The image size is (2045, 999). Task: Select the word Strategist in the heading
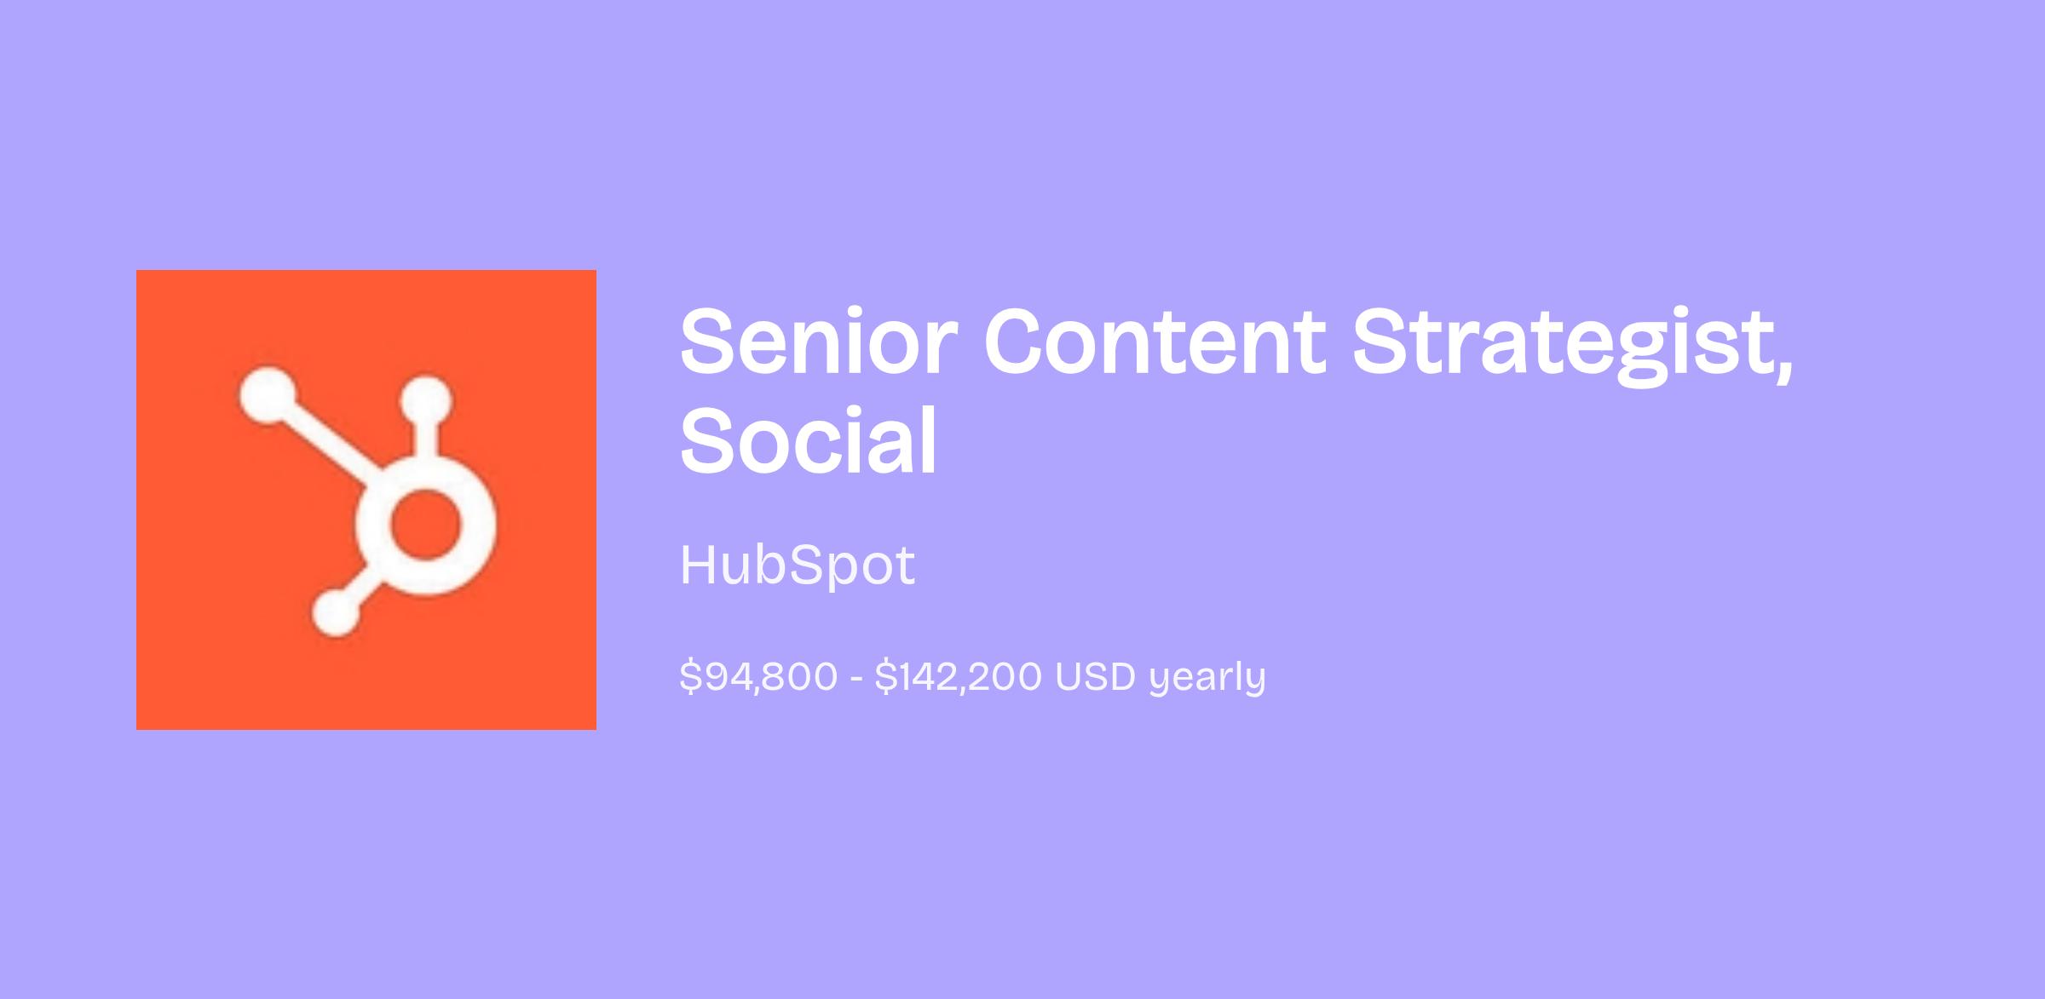point(1561,345)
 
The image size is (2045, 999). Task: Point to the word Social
point(809,440)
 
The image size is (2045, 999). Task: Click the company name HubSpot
point(798,566)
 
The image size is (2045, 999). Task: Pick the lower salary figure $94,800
point(758,677)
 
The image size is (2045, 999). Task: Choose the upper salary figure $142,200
point(958,677)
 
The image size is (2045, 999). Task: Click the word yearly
point(1207,679)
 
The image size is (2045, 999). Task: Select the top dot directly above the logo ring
point(426,401)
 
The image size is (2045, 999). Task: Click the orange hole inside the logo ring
point(425,525)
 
